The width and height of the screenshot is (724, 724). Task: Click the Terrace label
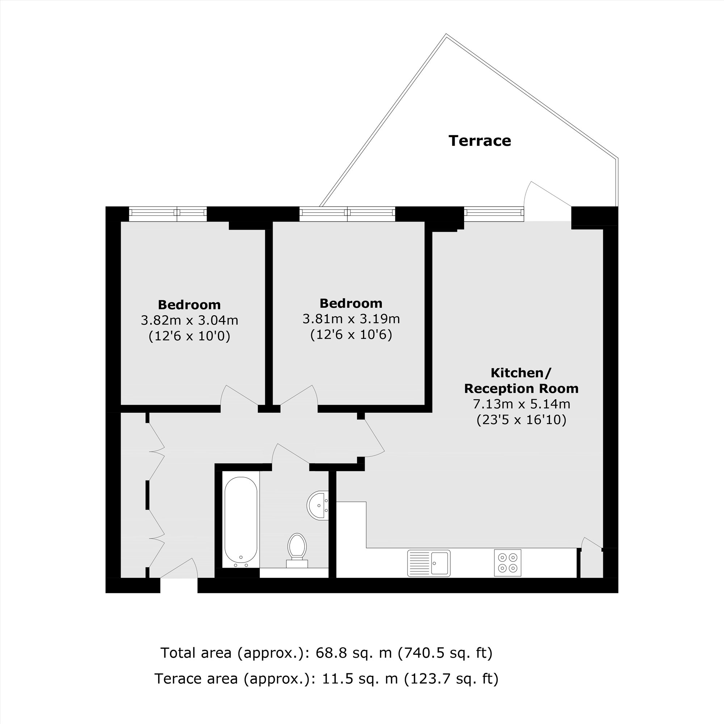(480, 141)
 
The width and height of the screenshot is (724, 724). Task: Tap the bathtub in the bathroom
(241, 522)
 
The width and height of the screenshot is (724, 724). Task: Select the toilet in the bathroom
(297, 551)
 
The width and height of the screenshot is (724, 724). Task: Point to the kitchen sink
(429, 563)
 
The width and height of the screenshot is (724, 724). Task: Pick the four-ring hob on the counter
(508, 563)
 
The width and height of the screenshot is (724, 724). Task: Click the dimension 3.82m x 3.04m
(190, 320)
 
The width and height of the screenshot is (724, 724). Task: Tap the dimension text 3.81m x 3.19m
(351, 319)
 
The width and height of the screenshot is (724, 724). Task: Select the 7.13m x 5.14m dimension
(521, 404)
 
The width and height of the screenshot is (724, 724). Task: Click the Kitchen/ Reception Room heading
(521, 381)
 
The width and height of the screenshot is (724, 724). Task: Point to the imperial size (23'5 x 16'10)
(521, 420)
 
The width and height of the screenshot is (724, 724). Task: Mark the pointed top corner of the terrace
(446, 34)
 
